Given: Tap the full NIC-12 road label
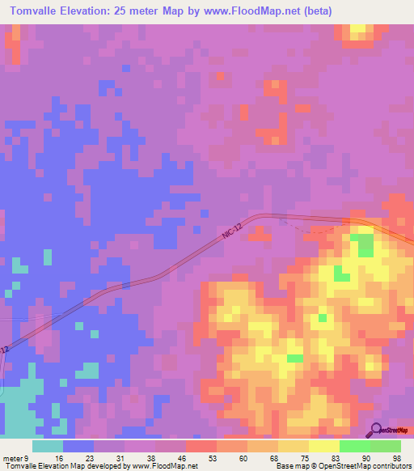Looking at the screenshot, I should (233, 232).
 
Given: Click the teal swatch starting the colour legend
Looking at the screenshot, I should (48, 446).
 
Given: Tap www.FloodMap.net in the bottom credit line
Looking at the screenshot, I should (164, 466).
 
